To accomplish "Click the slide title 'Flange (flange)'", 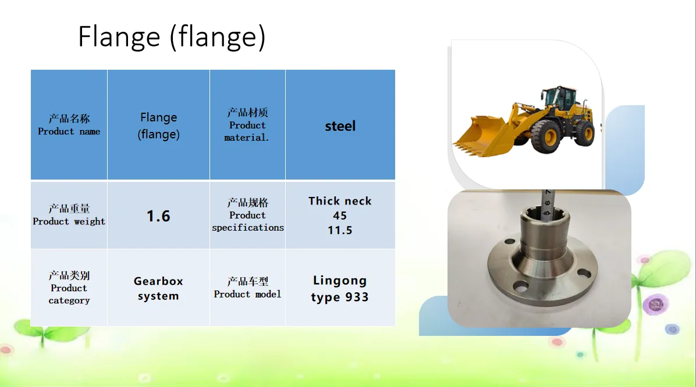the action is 172,37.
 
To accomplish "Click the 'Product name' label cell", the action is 69,124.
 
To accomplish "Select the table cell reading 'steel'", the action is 340,124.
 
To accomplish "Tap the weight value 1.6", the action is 158,216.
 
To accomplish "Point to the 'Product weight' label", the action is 69,215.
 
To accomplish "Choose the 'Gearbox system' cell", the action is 158,288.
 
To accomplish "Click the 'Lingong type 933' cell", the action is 340,288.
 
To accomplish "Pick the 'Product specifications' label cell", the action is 248,216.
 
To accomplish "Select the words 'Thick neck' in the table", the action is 340,201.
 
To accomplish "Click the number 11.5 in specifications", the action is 340,230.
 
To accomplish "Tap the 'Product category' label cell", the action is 69,288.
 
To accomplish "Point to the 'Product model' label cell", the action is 248,288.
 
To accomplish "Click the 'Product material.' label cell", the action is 248,124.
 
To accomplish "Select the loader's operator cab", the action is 560,98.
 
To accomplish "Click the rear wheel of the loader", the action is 585,132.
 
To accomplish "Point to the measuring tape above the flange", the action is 547,204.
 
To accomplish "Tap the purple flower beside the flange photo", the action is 656,304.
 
